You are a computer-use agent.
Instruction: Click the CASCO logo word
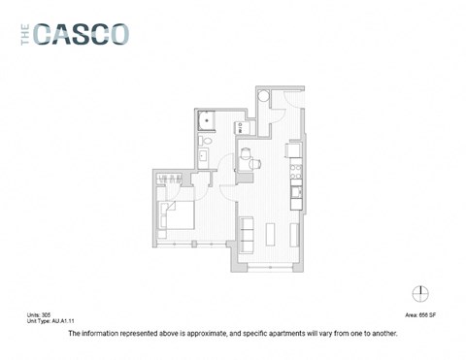(82, 34)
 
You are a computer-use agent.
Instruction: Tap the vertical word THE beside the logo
(26, 34)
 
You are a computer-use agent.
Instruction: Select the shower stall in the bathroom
(206, 121)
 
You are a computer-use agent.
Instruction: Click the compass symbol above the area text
(420, 293)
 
